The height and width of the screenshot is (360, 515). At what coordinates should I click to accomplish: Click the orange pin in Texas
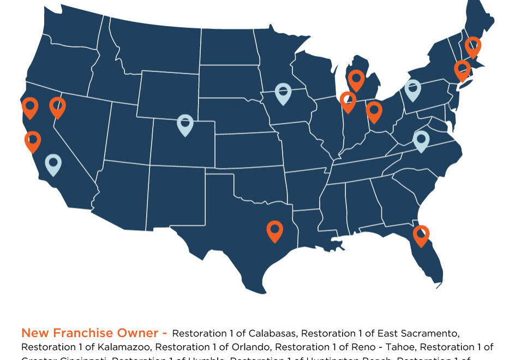pos(274,230)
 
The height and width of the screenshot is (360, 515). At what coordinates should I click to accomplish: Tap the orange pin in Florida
pos(421,235)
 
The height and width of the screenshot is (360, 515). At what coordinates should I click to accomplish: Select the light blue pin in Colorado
pos(185,124)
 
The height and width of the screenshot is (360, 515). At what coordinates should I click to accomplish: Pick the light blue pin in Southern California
pos(53,163)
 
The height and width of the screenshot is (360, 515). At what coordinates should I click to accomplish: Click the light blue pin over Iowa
pos(283,92)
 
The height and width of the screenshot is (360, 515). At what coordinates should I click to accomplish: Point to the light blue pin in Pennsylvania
pos(413,89)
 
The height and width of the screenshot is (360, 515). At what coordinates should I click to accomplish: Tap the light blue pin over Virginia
pos(421,140)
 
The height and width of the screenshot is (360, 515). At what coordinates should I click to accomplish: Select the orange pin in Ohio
pos(374,111)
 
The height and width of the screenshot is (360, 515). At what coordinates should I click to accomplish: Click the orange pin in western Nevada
pos(57,106)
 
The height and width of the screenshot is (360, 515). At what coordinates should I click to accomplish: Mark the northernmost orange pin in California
pos(30,106)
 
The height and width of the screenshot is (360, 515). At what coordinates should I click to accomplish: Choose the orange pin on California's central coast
pos(33,140)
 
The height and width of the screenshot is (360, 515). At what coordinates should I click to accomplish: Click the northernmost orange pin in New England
pos(472,46)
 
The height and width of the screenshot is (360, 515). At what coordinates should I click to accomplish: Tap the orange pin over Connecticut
pos(462,69)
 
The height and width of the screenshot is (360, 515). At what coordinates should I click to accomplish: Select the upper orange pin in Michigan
pos(356,79)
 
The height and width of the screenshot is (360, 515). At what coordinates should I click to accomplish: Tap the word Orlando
pos(253,347)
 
